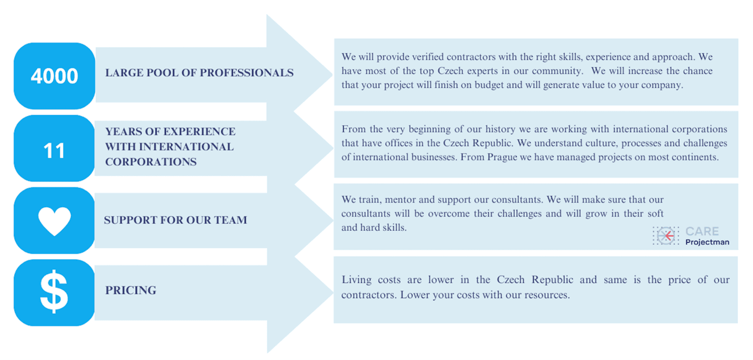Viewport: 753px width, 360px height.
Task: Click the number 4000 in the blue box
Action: pos(54,76)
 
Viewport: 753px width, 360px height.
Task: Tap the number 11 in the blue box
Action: pos(54,150)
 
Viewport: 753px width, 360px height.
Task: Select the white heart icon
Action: pos(54,221)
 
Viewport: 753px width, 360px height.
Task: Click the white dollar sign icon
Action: pos(54,292)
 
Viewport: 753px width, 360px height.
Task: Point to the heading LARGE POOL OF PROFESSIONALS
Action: pos(200,73)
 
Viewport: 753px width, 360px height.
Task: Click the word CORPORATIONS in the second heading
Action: pos(151,161)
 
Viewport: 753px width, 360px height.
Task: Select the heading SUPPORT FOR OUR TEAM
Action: pos(175,220)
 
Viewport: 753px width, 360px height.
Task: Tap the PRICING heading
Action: pos(131,290)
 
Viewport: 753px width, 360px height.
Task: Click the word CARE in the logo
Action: pos(702,231)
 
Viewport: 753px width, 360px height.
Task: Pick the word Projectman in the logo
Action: pos(707,242)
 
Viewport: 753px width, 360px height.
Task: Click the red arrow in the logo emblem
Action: pos(669,236)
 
